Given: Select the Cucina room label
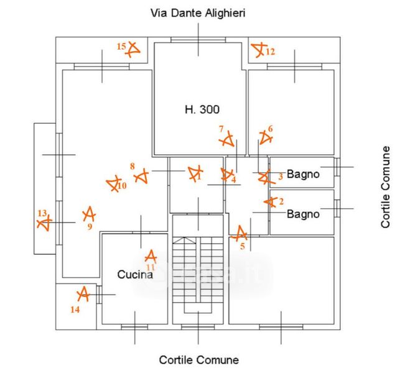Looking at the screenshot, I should coord(135,274).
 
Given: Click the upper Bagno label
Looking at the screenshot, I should coord(303,175).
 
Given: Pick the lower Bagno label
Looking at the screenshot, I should coord(303,214).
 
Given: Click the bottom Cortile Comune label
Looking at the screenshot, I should coord(198,360).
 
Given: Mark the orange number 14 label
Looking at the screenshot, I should coord(75,308).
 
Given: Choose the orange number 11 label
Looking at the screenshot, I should coord(151,267).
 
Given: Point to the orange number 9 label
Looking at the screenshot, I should coord(90,227).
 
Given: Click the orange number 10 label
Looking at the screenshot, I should coord(122,186).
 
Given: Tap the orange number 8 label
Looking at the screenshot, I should coord(132,166).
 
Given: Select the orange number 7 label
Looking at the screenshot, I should coord(221,129).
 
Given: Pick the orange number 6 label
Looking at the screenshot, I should coord(270,129).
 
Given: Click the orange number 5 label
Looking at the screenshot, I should coord(243,245).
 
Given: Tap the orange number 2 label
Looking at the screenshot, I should coord(281,201).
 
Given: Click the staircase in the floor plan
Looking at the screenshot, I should coord(198,274).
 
